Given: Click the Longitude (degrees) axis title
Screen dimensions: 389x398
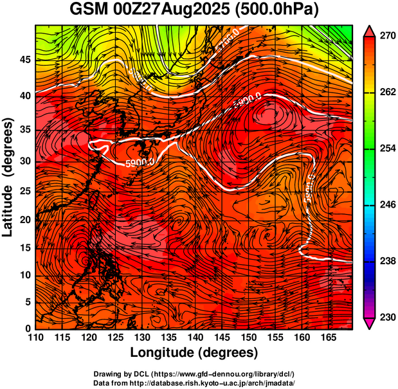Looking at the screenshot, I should pyautogui.click(x=194, y=352).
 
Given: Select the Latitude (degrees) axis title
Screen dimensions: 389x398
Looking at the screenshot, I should pyautogui.click(x=8, y=177).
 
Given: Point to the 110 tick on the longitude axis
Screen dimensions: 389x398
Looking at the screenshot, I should pyautogui.click(x=36, y=338).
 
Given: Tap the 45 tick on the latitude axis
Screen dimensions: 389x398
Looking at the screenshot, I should pyautogui.click(x=24, y=60).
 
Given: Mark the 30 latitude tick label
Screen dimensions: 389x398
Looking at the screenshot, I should pyautogui.click(x=24, y=161).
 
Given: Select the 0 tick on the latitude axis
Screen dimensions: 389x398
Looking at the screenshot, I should pyautogui.click(x=27, y=329).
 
